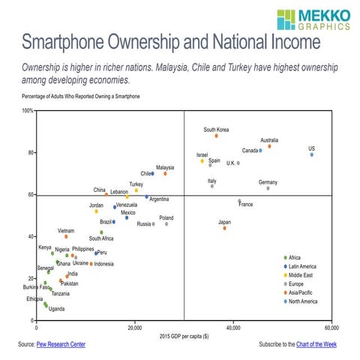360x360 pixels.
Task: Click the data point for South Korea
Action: [216, 136]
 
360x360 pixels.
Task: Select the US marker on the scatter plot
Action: [312, 154]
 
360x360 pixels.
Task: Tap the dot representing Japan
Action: [224, 228]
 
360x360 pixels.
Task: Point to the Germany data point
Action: [268, 188]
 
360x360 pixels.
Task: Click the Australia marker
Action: [269, 146]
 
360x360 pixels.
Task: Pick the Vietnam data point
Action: [66, 236]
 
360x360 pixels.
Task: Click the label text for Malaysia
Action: [166, 166]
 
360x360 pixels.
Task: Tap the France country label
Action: [245, 205]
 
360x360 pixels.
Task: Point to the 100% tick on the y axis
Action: [27, 111]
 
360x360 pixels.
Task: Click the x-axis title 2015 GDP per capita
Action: [184, 334]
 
